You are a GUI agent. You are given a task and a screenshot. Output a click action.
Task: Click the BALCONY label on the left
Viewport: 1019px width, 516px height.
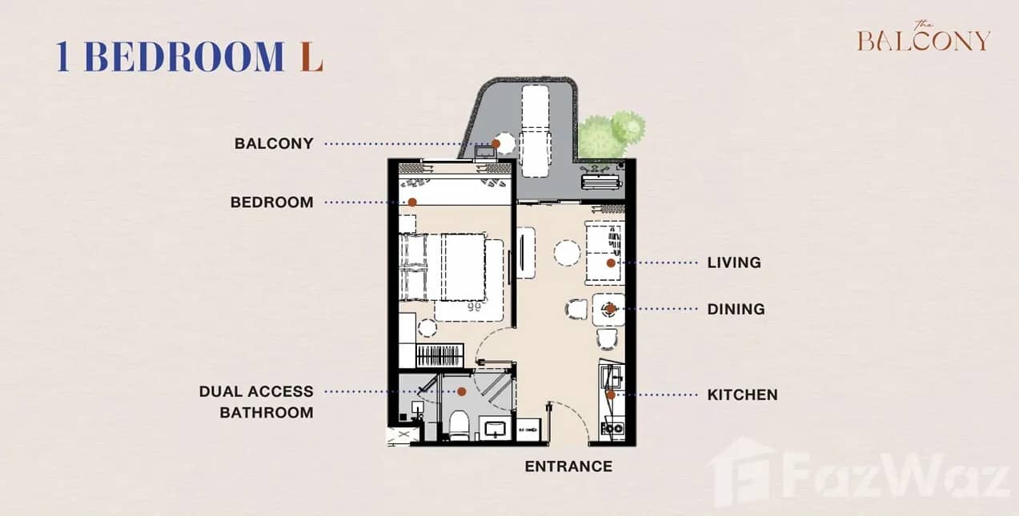pos(273,144)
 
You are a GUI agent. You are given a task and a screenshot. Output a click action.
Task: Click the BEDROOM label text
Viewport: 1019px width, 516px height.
pos(271,202)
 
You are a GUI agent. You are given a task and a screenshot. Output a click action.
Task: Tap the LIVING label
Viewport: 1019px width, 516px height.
pos(733,262)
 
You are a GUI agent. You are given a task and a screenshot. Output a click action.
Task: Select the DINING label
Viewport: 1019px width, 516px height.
pos(736,309)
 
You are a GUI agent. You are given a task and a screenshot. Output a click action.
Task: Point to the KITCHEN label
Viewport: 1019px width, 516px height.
pos(742,394)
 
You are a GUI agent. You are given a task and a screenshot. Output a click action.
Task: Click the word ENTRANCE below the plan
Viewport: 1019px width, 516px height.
pos(568,466)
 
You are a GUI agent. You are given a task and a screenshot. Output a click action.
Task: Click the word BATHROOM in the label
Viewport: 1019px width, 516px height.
pos(266,413)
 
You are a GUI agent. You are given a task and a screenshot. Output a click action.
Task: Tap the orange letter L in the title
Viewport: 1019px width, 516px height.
pos(311,57)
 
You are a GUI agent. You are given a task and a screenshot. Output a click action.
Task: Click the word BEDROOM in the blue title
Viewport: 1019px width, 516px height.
pos(183,57)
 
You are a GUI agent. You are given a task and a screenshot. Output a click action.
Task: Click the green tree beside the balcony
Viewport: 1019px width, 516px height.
pos(611,134)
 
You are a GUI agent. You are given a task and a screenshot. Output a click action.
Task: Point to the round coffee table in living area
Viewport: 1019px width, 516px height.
pos(567,254)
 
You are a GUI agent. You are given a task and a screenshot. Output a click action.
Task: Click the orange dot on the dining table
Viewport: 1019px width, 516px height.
pos(610,308)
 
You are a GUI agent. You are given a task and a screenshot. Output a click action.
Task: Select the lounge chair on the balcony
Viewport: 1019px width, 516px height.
pos(535,130)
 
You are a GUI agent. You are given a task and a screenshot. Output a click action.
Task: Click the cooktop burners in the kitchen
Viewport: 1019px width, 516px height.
pos(612,428)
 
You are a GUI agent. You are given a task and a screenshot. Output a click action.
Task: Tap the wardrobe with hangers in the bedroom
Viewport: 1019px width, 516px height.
pos(439,356)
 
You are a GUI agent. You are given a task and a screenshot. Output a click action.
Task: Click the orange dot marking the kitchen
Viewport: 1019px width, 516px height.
pos(610,394)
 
